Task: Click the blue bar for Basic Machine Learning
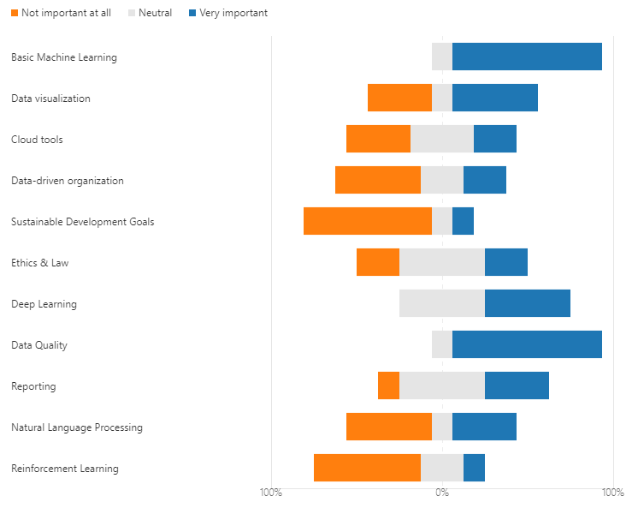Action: [527, 57]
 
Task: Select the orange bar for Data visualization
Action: [399, 98]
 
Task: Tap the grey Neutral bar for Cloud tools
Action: [442, 139]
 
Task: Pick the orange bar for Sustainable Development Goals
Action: [368, 221]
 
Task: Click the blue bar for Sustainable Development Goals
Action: [463, 221]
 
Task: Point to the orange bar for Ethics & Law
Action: [378, 262]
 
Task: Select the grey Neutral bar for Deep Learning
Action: [442, 303]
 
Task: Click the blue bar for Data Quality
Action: [527, 344]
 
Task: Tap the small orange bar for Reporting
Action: [388, 385]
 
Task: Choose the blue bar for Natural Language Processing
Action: [484, 427]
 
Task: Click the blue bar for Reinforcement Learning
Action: [474, 468]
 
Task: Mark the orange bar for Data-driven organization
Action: [378, 180]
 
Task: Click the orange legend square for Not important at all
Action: [15, 13]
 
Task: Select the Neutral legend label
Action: [155, 13]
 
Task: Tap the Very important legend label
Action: [233, 13]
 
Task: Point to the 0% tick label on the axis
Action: [442, 493]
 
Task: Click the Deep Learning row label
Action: [44, 304]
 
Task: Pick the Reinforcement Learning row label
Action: [65, 469]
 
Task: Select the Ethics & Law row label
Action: [40, 262]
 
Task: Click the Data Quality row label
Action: [39, 345]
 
